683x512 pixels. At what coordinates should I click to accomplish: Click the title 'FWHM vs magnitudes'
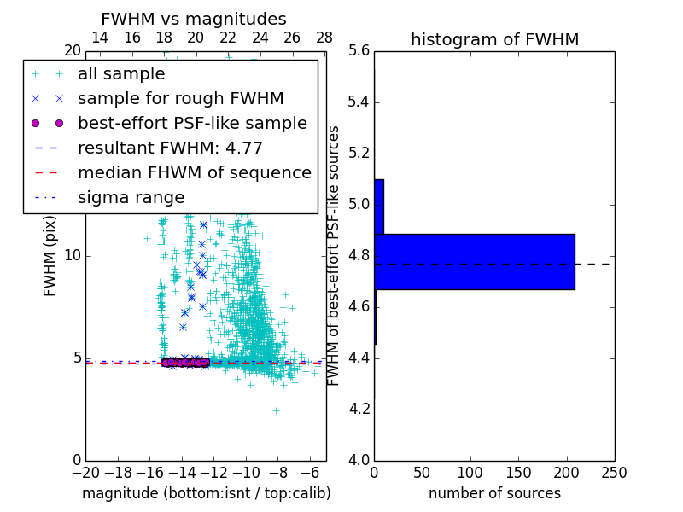pyautogui.click(x=193, y=19)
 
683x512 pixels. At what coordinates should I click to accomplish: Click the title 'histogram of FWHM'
pyautogui.click(x=494, y=39)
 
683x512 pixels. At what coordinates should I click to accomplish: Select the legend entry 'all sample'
pyautogui.click(x=121, y=73)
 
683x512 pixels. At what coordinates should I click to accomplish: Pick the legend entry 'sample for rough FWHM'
pyautogui.click(x=180, y=98)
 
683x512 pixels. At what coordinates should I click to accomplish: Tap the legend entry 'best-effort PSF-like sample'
pyautogui.click(x=192, y=123)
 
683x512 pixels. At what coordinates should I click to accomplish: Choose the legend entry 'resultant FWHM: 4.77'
pyautogui.click(x=170, y=148)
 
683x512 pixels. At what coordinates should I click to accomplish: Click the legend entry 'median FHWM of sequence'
pyautogui.click(x=194, y=172)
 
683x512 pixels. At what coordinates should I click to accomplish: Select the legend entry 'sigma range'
pyautogui.click(x=131, y=197)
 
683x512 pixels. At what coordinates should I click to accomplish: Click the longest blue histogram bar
pyautogui.click(x=474, y=261)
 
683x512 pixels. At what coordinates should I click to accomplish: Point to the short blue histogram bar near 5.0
pyautogui.click(x=379, y=206)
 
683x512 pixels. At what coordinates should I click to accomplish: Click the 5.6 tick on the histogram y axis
pyautogui.click(x=359, y=51)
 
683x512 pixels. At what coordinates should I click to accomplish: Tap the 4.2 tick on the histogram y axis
pyautogui.click(x=359, y=410)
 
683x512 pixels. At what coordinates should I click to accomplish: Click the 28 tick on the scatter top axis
pyautogui.click(x=324, y=38)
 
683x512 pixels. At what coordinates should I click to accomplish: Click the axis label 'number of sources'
pyautogui.click(x=494, y=493)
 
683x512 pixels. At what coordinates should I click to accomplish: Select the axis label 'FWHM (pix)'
pyautogui.click(x=50, y=256)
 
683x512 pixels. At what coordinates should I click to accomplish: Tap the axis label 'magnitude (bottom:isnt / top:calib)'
pyautogui.click(x=206, y=493)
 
